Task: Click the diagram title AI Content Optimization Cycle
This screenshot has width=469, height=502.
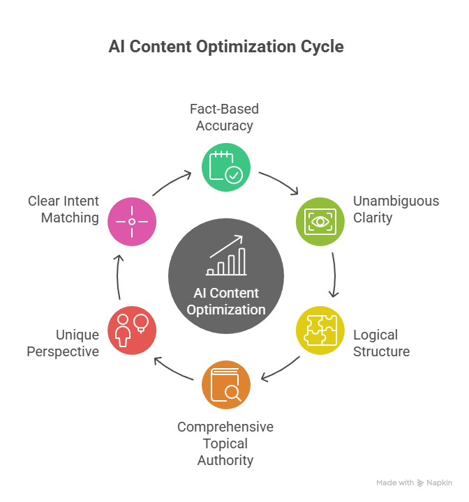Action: pyautogui.click(x=226, y=47)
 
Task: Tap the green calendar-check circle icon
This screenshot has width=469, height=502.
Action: pyautogui.click(x=225, y=167)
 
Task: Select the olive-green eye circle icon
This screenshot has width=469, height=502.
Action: pyautogui.click(x=320, y=222)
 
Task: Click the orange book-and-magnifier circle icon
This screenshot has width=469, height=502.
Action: pyautogui.click(x=225, y=385)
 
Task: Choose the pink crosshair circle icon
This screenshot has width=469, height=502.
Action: pyautogui.click(x=132, y=222)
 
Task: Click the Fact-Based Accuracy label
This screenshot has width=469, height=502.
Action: pyautogui.click(x=225, y=117)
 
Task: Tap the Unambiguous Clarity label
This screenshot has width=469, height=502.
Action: pyautogui.click(x=396, y=209)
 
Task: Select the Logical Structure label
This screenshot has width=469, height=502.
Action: pyautogui.click(x=381, y=342)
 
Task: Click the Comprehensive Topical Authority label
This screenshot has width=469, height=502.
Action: pyautogui.click(x=225, y=443)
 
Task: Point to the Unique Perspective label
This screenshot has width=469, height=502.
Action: pyautogui.click(x=63, y=342)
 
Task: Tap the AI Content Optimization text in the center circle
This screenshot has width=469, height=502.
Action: pyautogui.click(x=226, y=301)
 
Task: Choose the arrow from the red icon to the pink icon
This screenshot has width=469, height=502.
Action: pyautogui.click(x=118, y=276)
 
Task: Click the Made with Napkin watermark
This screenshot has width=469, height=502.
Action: pyautogui.click(x=414, y=482)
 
